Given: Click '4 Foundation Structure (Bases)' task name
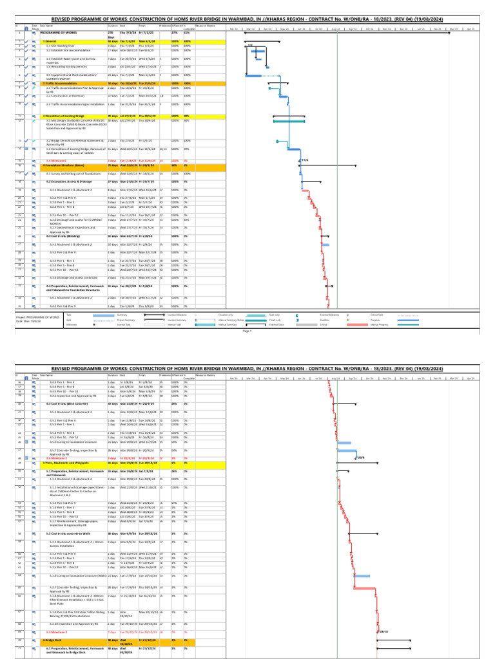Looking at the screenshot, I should tap(65, 165).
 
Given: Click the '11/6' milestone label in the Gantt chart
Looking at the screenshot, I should tap(305, 160).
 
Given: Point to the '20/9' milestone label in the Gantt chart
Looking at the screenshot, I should tap(361, 457).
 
